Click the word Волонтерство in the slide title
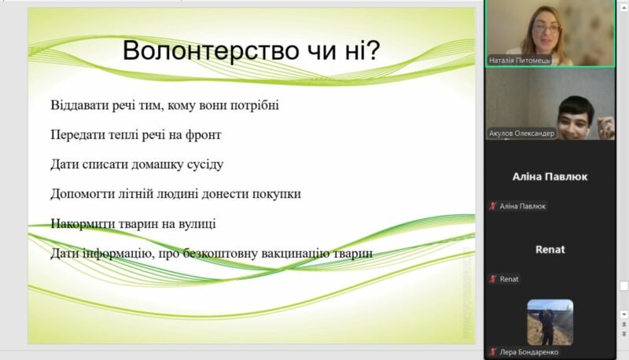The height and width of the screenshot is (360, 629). click(x=211, y=50)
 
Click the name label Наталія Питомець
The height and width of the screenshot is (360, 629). click(x=519, y=61)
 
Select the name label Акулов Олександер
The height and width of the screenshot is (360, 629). click(x=521, y=133)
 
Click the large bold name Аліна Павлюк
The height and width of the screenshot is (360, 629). click(x=550, y=177)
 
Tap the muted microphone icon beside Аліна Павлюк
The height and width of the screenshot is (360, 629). click(x=493, y=206)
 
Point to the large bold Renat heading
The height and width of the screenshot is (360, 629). click(x=550, y=250)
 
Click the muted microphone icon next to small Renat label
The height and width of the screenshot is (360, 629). click(x=493, y=279)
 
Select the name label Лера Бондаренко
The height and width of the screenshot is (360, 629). click(x=528, y=352)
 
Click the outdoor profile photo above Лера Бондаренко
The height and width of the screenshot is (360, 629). click(x=550, y=322)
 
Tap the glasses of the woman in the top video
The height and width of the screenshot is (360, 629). click(x=546, y=28)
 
